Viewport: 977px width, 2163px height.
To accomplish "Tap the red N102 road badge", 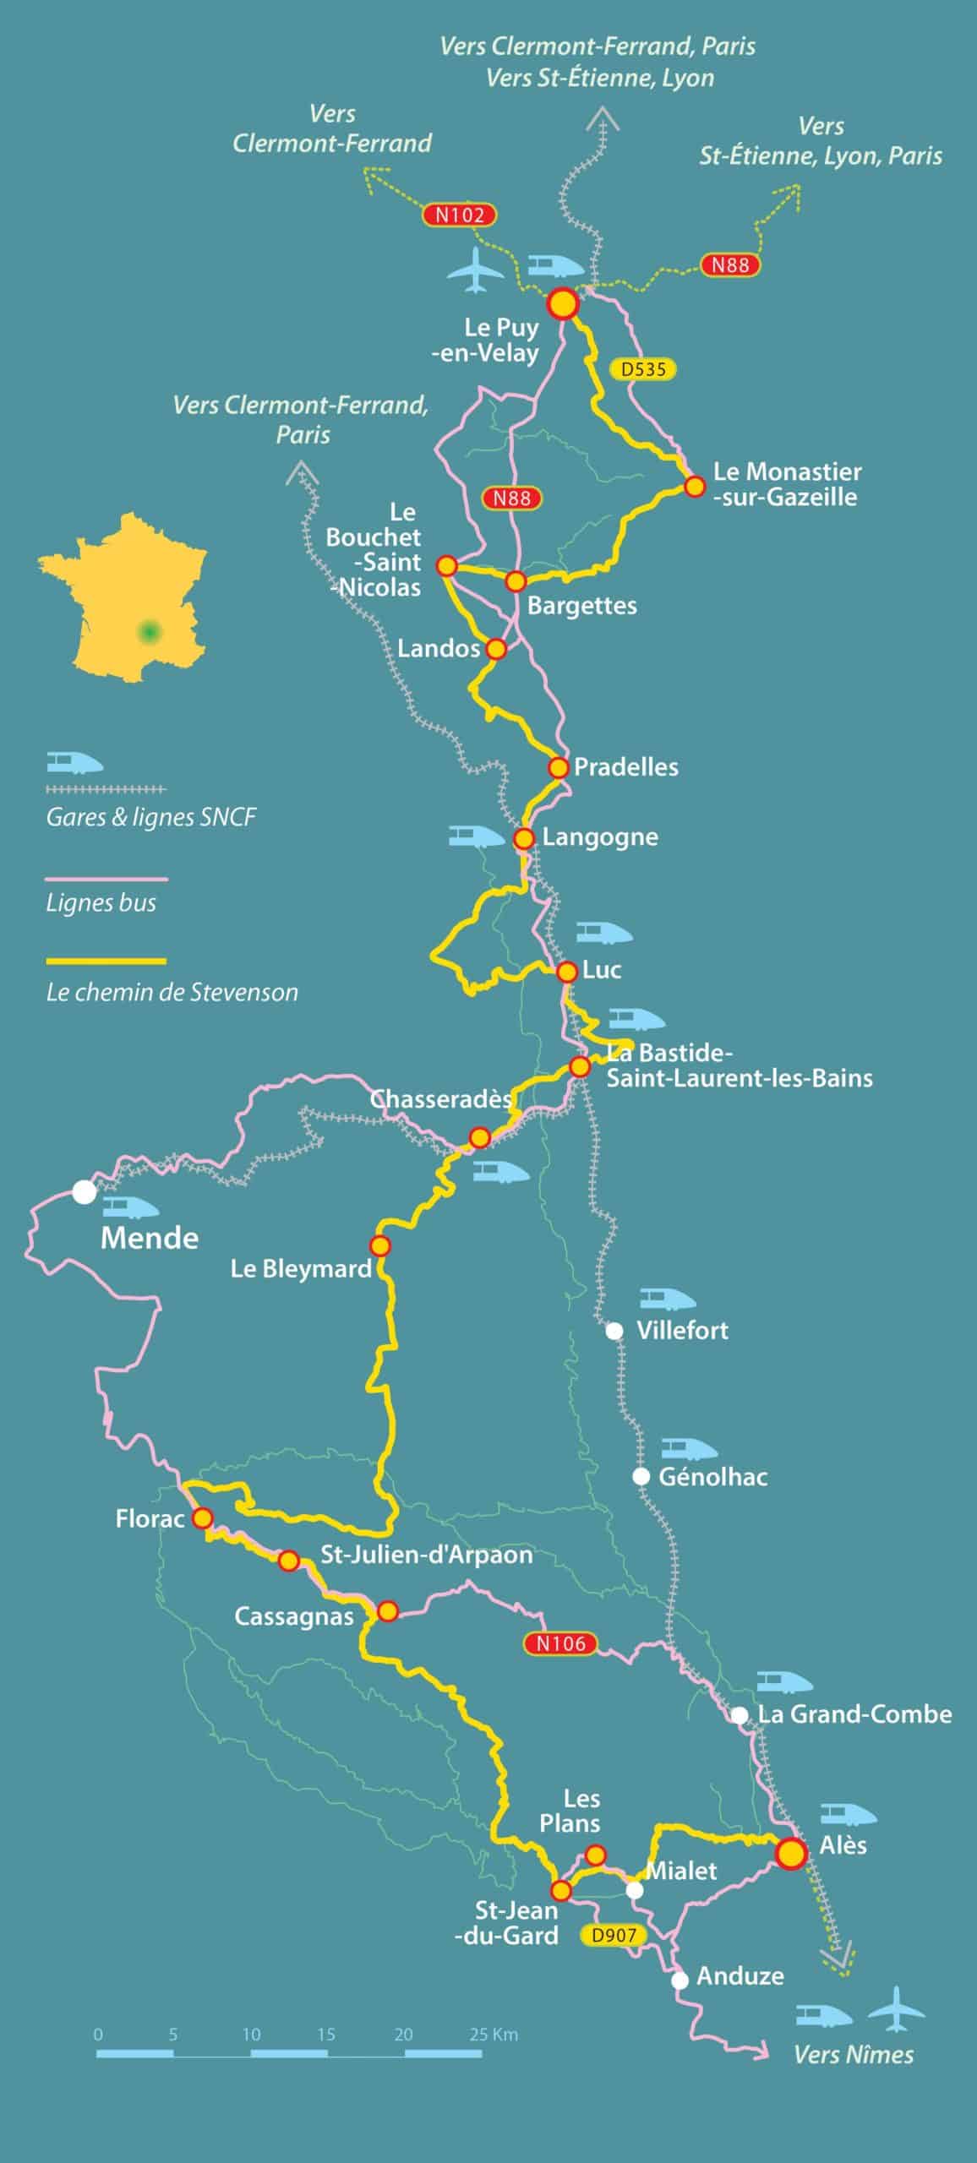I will [x=459, y=215].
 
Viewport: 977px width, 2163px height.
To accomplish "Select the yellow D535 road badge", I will [x=643, y=369].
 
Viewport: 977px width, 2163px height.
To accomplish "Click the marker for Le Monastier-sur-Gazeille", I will [x=694, y=487].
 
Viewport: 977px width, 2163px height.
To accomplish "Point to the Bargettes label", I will [x=581, y=606].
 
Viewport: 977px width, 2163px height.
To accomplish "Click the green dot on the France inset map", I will [x=150, y=631].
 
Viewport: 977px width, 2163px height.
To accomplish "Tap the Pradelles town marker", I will [x=558, y=767].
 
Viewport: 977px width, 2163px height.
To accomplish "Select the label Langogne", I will [x=600, y=837].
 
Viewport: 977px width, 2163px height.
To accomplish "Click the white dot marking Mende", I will [x=84, y=1192].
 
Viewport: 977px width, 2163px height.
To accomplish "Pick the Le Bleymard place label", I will [x=301, y=1268].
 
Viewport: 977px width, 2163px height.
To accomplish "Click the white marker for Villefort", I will [x=614, y=1331].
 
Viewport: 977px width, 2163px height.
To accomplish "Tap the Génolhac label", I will [x=712, y=1477].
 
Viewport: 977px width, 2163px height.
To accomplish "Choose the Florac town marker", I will [x=202, y=1518].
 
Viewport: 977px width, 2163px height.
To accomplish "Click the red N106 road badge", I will [x=560, y=1643].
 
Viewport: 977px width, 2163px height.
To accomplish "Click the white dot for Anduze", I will [x=680, y=1980].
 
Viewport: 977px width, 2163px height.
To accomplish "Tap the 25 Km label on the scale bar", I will [x=494, y=2035].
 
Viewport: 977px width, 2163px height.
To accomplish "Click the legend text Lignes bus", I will [x=101, y=903].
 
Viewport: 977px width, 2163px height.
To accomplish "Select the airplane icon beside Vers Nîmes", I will [x=898, y=2008].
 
